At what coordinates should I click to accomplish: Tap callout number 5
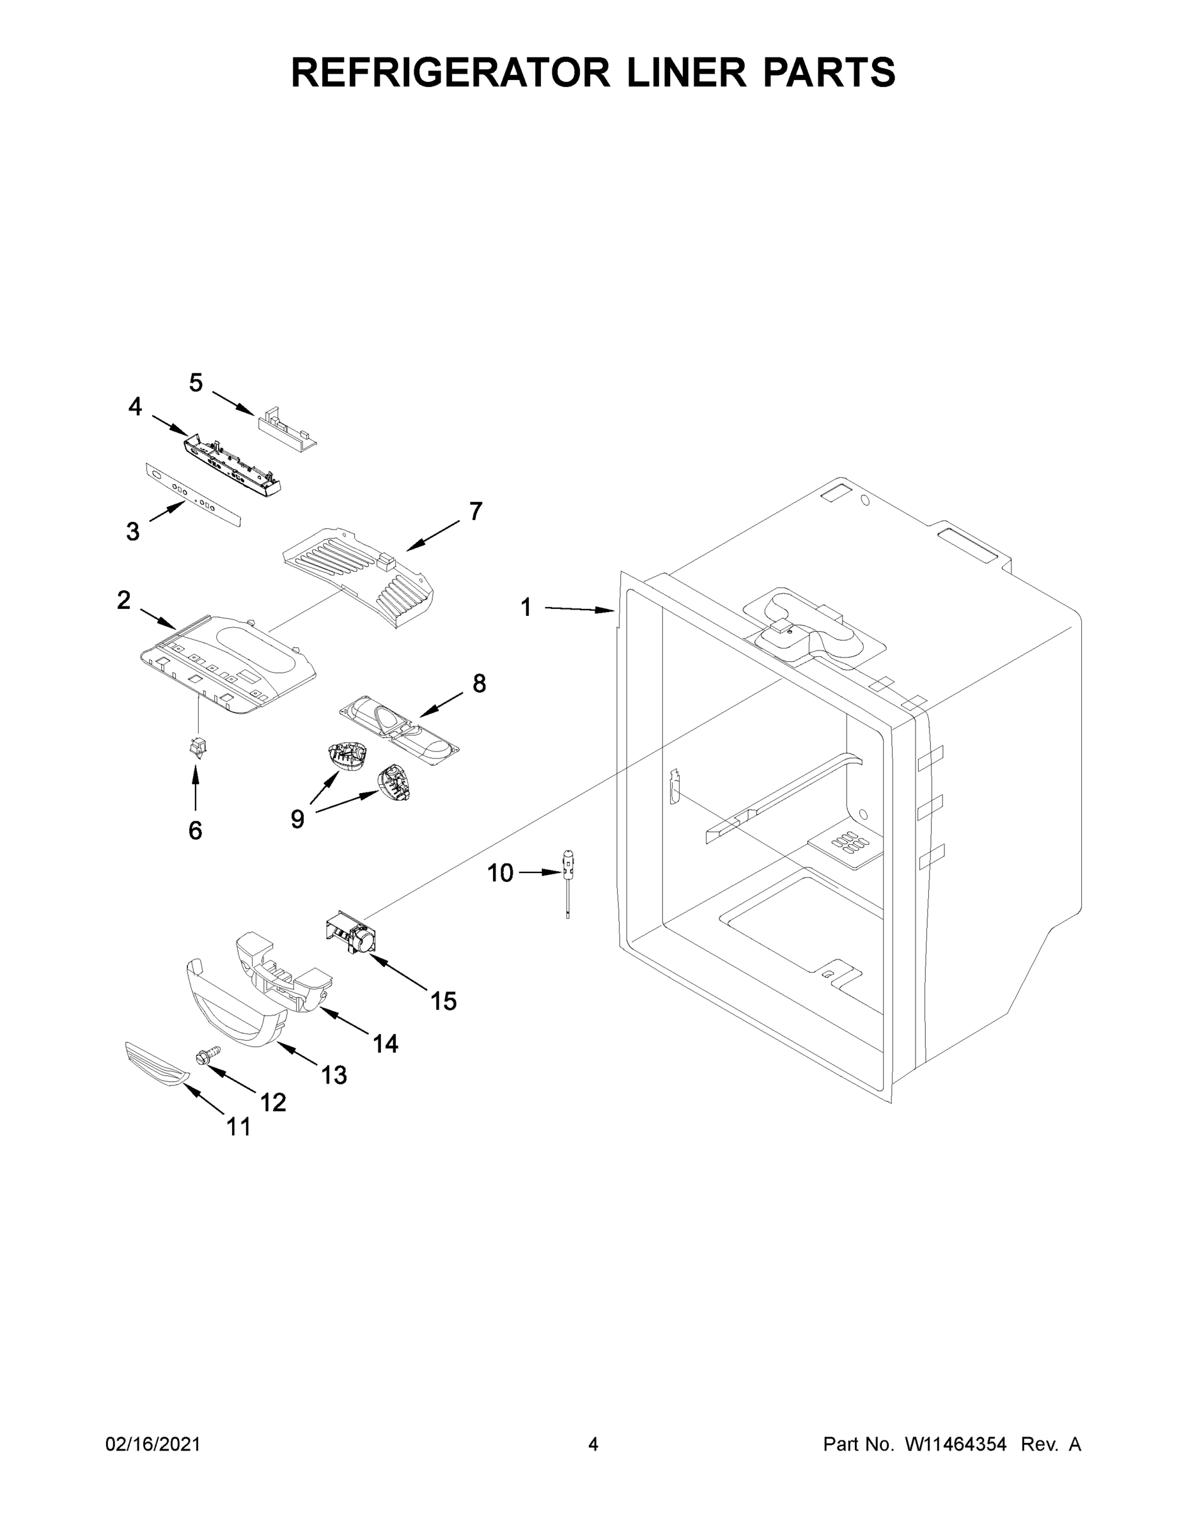click(x=196, y=383)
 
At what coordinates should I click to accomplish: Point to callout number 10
click(x=500, y=873)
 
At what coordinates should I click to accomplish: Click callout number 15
click(x=443, y=1001)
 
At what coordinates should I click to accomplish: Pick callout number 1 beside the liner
click(x=526, y=607)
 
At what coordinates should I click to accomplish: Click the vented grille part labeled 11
click(x=157, y=1064)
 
